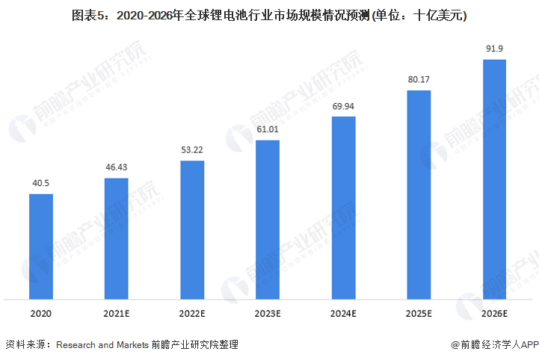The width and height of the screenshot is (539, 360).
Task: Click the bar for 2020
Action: (41, 246)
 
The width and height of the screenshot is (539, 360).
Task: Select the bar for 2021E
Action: (117, 238)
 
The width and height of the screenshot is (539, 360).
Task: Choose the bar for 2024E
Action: (343, 208)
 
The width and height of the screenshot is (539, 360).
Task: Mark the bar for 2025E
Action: (419, 195)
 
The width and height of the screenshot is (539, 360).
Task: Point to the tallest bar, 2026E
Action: (495, 179)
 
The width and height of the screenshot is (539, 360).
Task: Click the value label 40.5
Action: (41, 184)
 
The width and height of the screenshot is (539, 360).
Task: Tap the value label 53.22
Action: (192, 150)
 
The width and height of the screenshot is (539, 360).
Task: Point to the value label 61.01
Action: (268, 130)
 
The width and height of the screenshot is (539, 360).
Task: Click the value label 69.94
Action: (343, 106)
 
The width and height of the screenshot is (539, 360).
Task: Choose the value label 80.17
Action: (419, 81)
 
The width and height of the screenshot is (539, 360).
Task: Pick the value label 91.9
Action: (495, 49)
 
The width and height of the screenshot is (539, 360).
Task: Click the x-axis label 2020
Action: (41, 314)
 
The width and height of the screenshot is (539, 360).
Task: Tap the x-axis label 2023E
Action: (268, 314)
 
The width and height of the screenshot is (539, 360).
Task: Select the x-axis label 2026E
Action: (495, 314)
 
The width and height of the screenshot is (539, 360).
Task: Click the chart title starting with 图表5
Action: (269, 15)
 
